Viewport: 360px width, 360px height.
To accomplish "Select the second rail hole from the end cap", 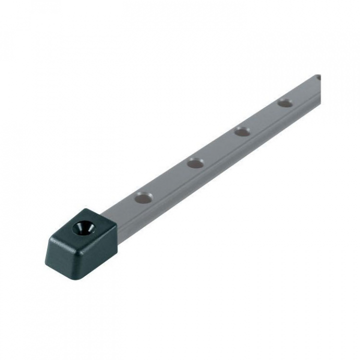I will coord(195,163).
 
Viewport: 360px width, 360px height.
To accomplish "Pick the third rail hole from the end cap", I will coord(242,131).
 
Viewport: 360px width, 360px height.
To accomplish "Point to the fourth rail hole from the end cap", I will coord(285,103).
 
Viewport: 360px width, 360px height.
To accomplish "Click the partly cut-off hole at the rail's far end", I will coord(318,78).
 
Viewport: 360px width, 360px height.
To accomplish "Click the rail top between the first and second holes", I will coord(170,180).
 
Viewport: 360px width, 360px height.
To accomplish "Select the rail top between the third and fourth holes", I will coord(263,117).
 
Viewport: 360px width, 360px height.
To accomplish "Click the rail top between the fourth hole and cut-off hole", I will coord(302,91).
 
